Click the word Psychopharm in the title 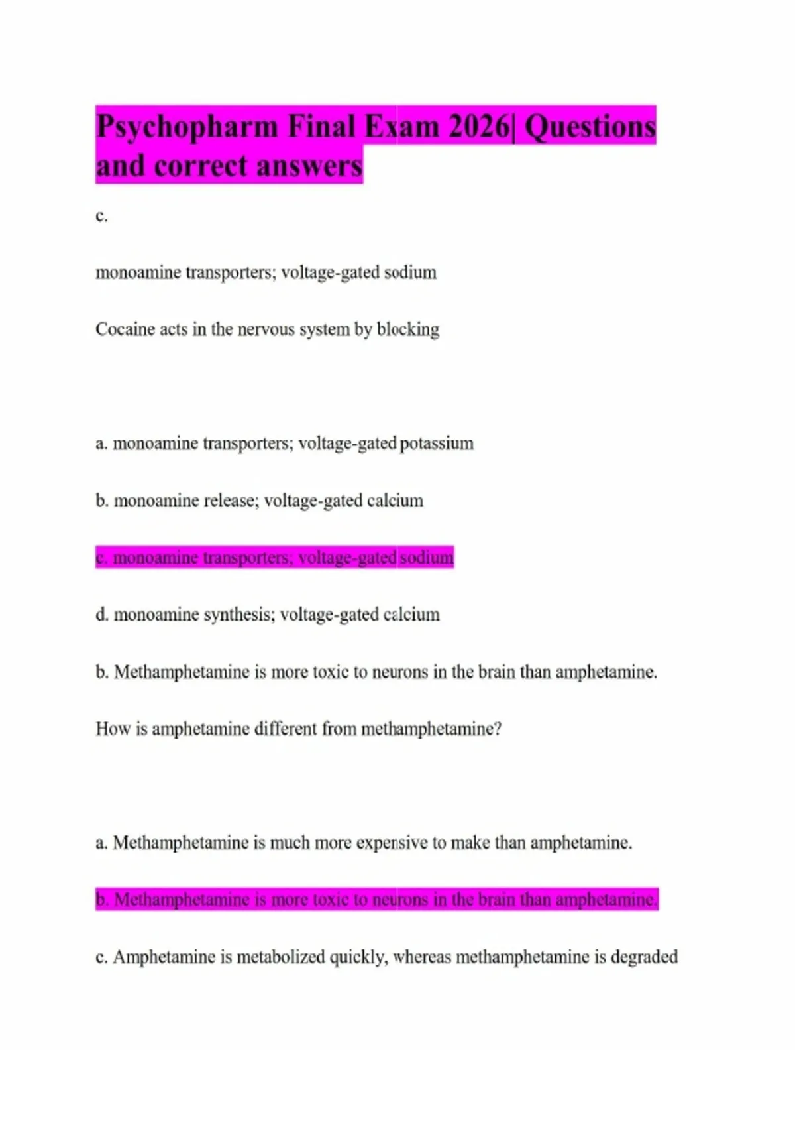click(x=187, y=127)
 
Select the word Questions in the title click(x=590, y=126)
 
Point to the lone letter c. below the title click(x=101, y=216)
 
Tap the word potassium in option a click(x=437, y=444)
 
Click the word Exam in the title click(x=402, y=126)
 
